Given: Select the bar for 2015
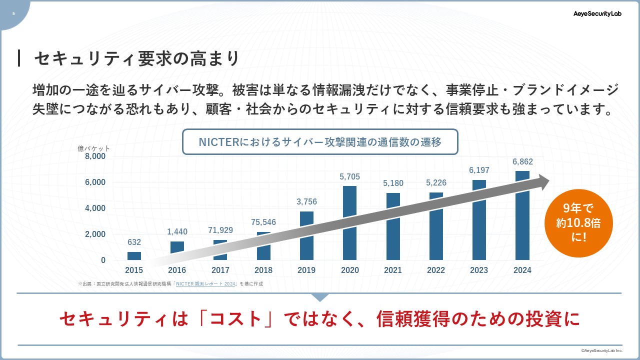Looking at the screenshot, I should pos(134,256).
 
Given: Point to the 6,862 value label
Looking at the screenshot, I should pos(522,162).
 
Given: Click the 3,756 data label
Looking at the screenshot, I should pos(306,202).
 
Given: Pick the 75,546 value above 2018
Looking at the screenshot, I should pos(263,222).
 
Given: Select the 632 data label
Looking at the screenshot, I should pos(134,242).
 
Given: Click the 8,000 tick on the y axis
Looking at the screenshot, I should pos(95,156).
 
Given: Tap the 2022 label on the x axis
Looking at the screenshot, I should pos(436,270).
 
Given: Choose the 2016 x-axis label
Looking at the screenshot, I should pos(177,270).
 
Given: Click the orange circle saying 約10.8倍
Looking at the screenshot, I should pos(578,223).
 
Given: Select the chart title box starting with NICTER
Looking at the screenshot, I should pos(320,142).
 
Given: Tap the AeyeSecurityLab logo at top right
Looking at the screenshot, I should pos(597,14).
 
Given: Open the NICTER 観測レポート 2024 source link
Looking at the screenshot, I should pos(206,284).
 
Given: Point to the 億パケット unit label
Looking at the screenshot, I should pos(93,148).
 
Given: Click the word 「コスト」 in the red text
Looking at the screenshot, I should pos(243,319).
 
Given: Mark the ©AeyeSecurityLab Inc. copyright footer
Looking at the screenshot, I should pos(601,351).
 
